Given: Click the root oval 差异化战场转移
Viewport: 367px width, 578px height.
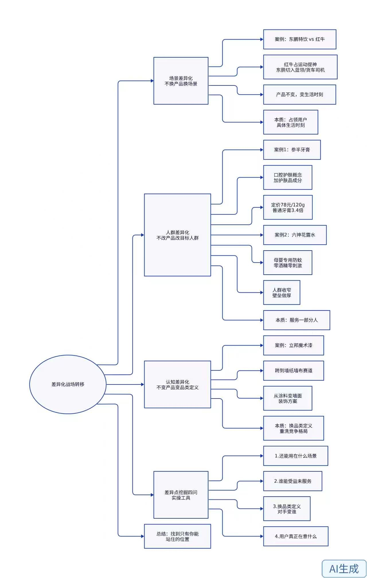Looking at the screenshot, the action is [68, 384].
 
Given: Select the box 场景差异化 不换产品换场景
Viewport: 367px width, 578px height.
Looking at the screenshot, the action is [181, 81].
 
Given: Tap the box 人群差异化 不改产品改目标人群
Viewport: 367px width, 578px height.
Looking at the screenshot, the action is [177, 235].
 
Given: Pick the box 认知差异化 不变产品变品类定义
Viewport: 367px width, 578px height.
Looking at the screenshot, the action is [177, 384].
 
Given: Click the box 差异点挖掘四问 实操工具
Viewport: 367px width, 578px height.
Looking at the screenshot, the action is [181, 495].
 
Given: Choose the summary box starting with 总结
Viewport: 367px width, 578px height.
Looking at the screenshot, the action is [177, 536].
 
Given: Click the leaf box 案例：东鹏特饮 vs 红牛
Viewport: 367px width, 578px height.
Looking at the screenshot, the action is [300, 39].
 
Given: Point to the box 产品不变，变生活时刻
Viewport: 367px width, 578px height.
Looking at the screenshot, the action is [300, 95].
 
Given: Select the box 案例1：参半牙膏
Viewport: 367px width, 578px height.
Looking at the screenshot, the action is [292, 150].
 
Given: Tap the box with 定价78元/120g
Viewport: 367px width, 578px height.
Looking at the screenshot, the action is [288, 208].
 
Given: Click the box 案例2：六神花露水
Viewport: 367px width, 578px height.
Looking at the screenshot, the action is [295, 235].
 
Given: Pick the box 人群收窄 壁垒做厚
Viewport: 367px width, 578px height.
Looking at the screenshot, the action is [282, 293].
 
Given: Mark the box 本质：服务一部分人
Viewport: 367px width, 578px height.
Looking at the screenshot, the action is [296, 320].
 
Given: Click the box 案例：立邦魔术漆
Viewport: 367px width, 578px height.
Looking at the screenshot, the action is [294, 345].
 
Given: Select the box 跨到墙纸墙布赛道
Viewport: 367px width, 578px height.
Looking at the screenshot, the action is [294, 371].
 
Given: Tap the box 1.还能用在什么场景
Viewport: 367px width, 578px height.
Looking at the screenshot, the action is [296, 456].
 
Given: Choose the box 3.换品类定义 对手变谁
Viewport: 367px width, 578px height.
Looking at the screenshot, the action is [287, 509].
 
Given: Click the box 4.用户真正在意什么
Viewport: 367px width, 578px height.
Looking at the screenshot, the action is [296, 536].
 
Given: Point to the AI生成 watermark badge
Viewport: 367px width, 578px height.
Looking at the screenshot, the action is [344, 569].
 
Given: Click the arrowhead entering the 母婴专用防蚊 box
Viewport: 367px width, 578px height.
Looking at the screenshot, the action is [261, 263].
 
